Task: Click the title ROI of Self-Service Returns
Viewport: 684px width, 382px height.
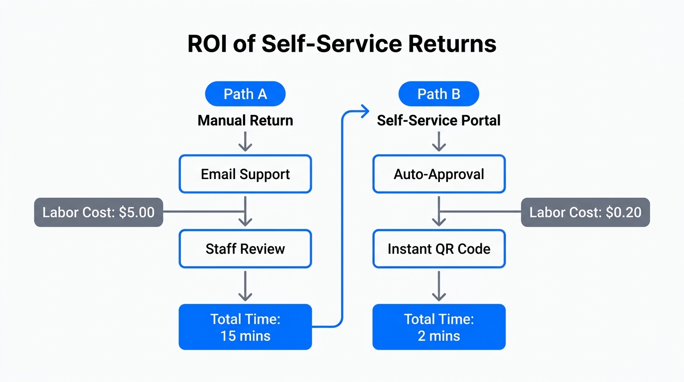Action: pos(342,44)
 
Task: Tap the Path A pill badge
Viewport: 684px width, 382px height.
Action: pos(245,94)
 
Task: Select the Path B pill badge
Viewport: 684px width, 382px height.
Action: pos(439,94)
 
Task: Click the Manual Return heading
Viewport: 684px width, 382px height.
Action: pos(245,120)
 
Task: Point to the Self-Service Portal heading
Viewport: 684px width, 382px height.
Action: pos(439,120)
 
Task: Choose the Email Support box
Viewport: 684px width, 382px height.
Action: pos(245,174)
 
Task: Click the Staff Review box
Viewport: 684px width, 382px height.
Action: pos(245,249)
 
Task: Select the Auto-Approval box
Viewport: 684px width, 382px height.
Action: pos(439,174)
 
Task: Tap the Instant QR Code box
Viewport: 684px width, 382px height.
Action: pos(439,249)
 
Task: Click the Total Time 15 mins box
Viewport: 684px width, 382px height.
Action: pos(245,327)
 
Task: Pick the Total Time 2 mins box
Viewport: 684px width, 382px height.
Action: pos(439,327)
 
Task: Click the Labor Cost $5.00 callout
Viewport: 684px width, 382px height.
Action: pos(98,212)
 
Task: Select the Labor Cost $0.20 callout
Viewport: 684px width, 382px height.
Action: pos(585,212)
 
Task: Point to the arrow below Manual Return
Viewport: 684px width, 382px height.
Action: pos(245,141)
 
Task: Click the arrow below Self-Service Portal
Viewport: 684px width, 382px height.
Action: pos(439,141)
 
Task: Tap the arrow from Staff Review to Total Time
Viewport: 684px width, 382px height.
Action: pos(245,286)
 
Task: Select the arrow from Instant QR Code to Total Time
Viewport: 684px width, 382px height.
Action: pos(439,286)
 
